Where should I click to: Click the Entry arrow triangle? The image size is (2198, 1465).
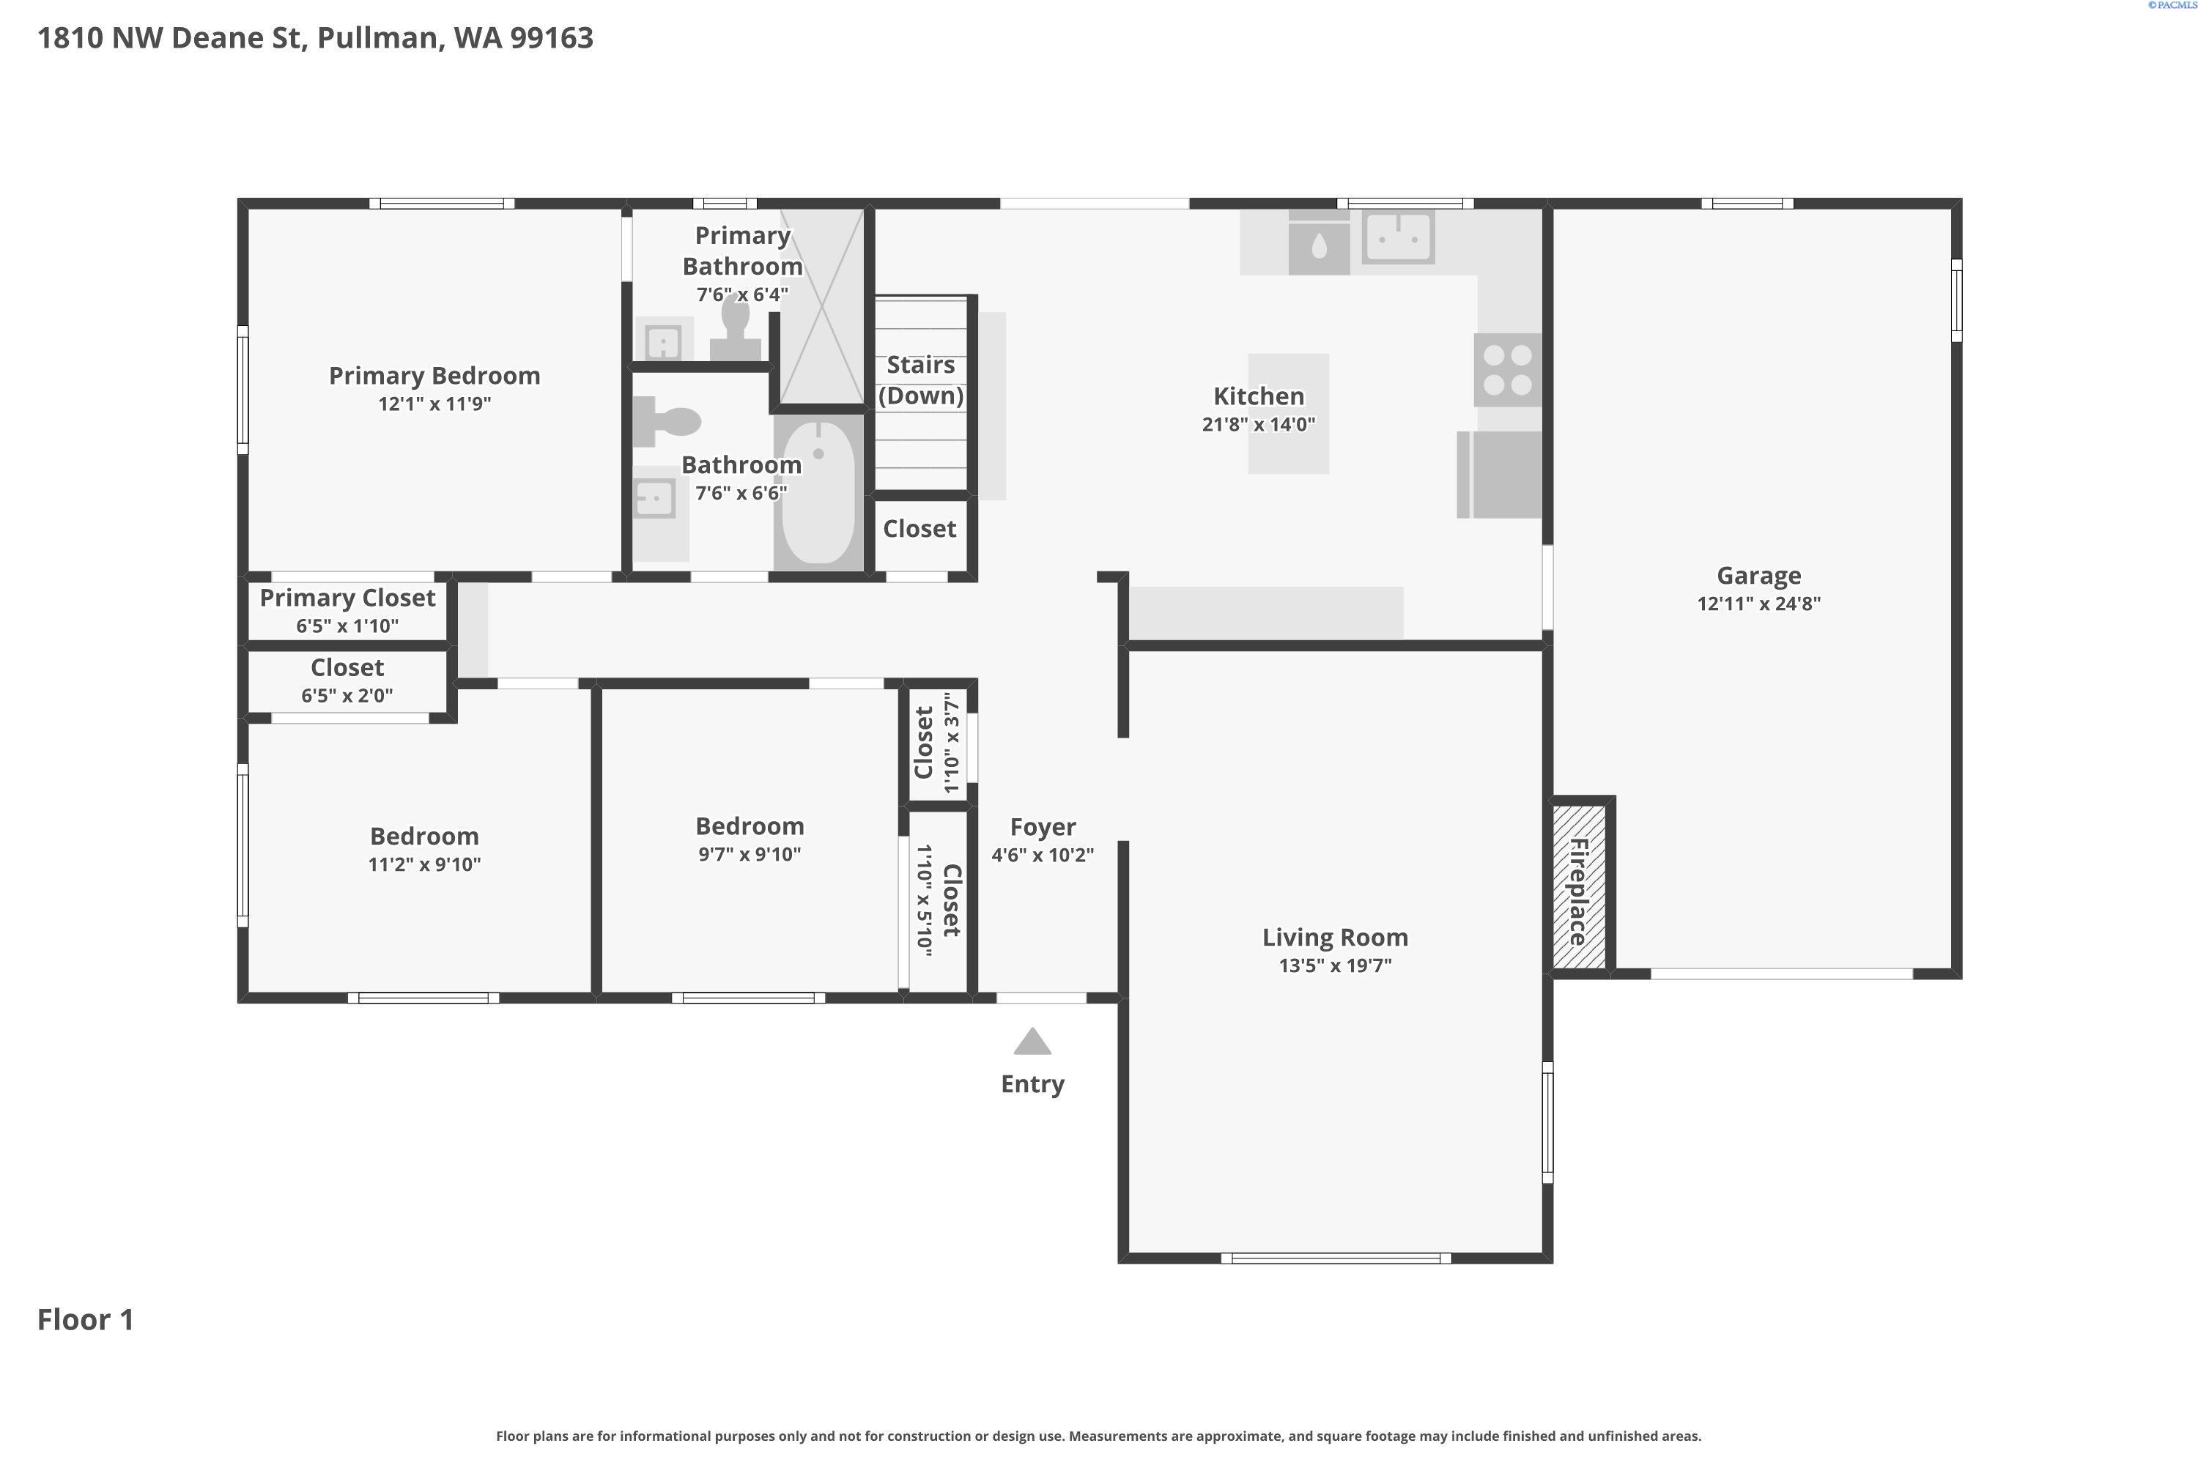coord(1032,1042)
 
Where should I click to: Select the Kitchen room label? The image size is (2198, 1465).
coord(1258,396)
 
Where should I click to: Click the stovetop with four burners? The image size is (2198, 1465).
coord(1507,370)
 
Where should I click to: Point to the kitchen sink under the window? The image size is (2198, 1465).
coord(1398,237)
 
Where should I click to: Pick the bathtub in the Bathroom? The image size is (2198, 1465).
coord(818,492)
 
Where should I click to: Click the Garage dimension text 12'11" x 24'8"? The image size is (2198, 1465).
coord(1759,604)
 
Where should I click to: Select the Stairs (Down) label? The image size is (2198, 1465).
coord(920,380)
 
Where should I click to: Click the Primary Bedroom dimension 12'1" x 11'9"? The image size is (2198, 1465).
coord(434,404)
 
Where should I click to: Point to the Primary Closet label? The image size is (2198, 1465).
coord(347,598)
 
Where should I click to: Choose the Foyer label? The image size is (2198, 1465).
coord(1043,828)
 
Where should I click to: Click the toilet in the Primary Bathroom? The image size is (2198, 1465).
coord(736,328)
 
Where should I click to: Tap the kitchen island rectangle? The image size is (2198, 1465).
coord(1289,414)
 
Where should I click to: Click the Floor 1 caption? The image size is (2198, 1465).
coord(86,1319)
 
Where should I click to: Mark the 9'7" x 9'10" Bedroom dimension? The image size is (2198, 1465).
coord(750,854)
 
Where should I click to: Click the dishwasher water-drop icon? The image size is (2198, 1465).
coord(1319,245)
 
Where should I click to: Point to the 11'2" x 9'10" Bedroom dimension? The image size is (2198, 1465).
coord(424,864)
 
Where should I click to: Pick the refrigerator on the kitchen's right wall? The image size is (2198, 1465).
coord(1499,475)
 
